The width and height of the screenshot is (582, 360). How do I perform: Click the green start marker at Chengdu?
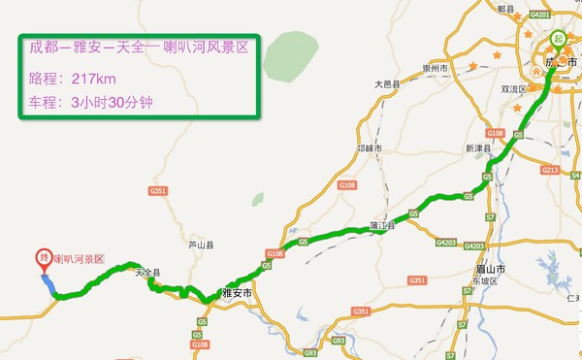(x=556, y=40)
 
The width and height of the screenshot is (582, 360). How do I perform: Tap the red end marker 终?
(x=44, y=259)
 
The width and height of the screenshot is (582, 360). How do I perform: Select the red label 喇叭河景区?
(x=81, y=259)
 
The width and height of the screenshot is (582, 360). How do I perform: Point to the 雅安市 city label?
(x=236, y=291)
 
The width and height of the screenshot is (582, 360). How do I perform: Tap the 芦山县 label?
(x=200, y=245)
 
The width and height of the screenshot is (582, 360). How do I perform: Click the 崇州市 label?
(x=437, y=70)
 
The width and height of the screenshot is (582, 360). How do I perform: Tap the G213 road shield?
(x=552, y=172)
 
